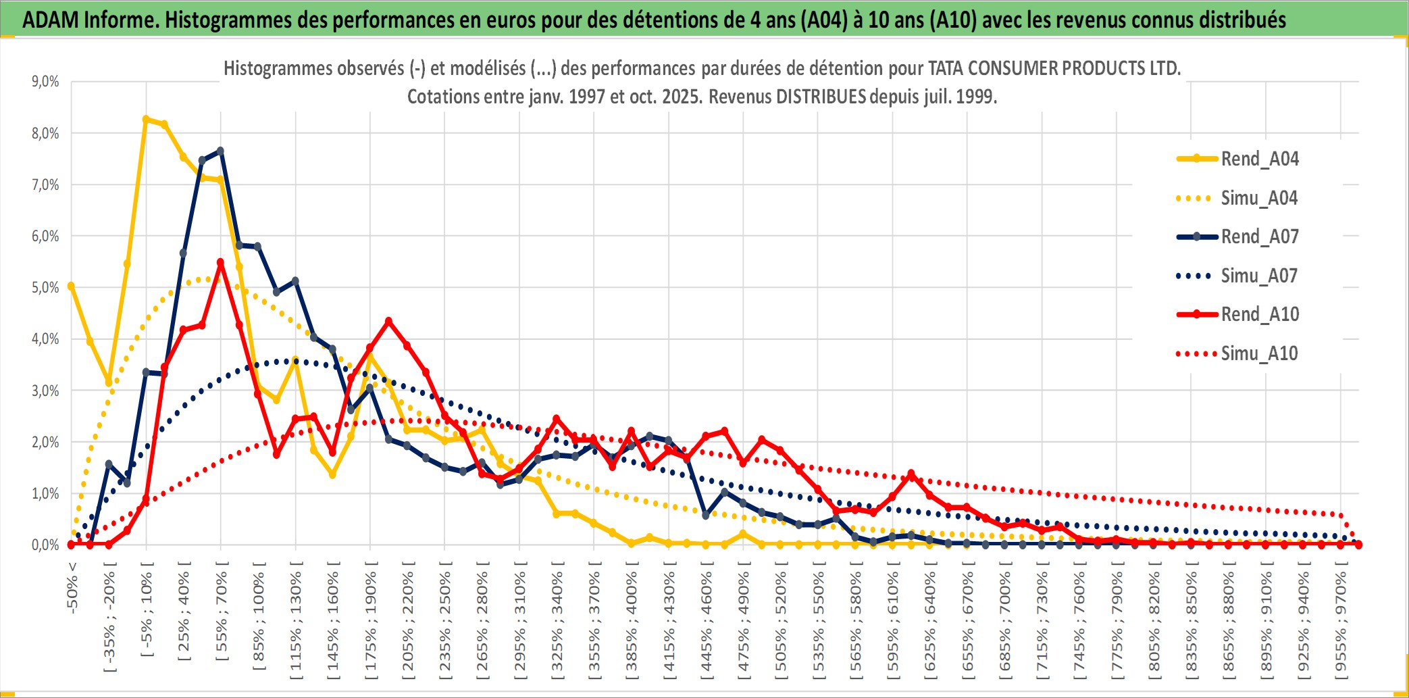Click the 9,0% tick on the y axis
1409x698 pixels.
pos(45,82)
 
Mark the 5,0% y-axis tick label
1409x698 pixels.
pos(45,288)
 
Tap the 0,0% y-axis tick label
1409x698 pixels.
pos(45,545)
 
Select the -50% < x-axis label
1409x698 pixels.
pos(72,587)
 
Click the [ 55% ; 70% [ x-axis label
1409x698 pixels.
pos(222,610)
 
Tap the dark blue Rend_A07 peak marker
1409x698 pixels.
pos(220,151)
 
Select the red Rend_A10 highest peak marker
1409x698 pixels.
pos(220,262)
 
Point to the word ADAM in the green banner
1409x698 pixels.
pos(51,20)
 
